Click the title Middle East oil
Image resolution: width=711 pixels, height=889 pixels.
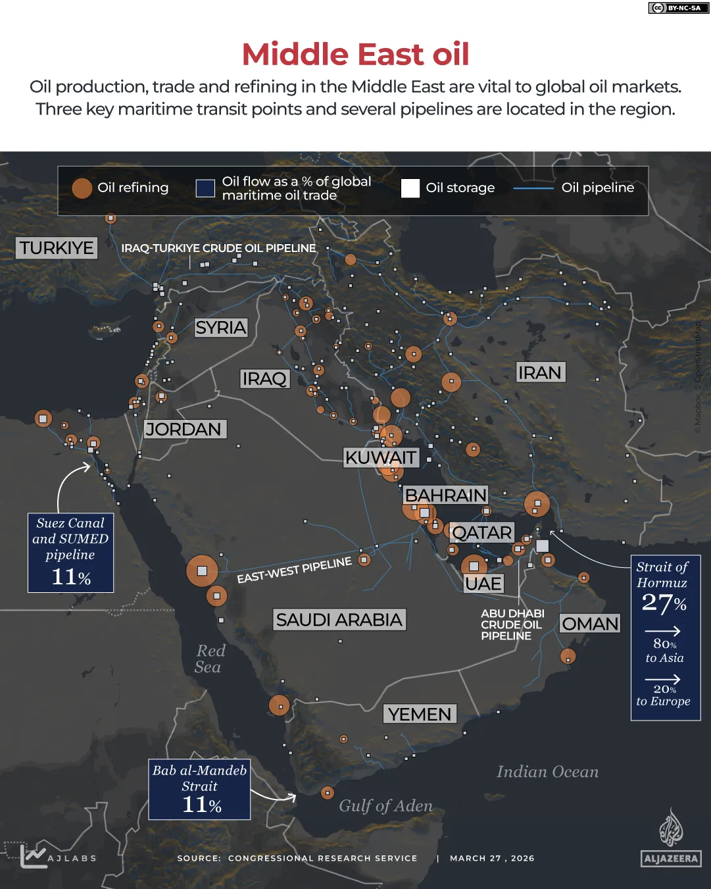click(355, 54)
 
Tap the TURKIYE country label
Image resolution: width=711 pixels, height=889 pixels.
click(57, 248)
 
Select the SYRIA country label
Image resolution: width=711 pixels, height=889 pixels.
click(220, 328)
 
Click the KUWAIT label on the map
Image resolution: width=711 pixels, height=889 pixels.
click(381, 457)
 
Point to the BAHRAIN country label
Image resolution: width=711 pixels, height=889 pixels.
click(445, 495)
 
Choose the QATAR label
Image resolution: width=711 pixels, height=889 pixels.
click(482, 533)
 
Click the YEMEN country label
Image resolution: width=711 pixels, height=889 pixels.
click(420, 714)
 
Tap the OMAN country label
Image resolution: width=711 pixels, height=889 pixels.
click(590, 624)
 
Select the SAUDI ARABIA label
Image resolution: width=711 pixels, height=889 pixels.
click(339, 620)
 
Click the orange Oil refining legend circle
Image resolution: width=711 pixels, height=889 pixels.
click(82, 188)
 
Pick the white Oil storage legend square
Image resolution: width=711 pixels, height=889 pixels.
click(410, 188)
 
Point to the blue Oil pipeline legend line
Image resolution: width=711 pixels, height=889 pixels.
click(533, 188)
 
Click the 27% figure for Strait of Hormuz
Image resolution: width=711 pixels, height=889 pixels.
click(664, 603)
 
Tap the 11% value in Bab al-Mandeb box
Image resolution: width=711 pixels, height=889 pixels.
click(201, 805)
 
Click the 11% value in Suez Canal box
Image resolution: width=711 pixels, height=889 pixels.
click(71, 577)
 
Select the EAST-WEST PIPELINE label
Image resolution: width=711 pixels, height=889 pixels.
click(294, 571)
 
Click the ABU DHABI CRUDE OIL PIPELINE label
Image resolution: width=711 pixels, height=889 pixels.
click(512, 624)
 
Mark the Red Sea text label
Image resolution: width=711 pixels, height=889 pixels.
click(210, 659)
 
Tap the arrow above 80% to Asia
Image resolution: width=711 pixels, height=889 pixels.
click(662, 631)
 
